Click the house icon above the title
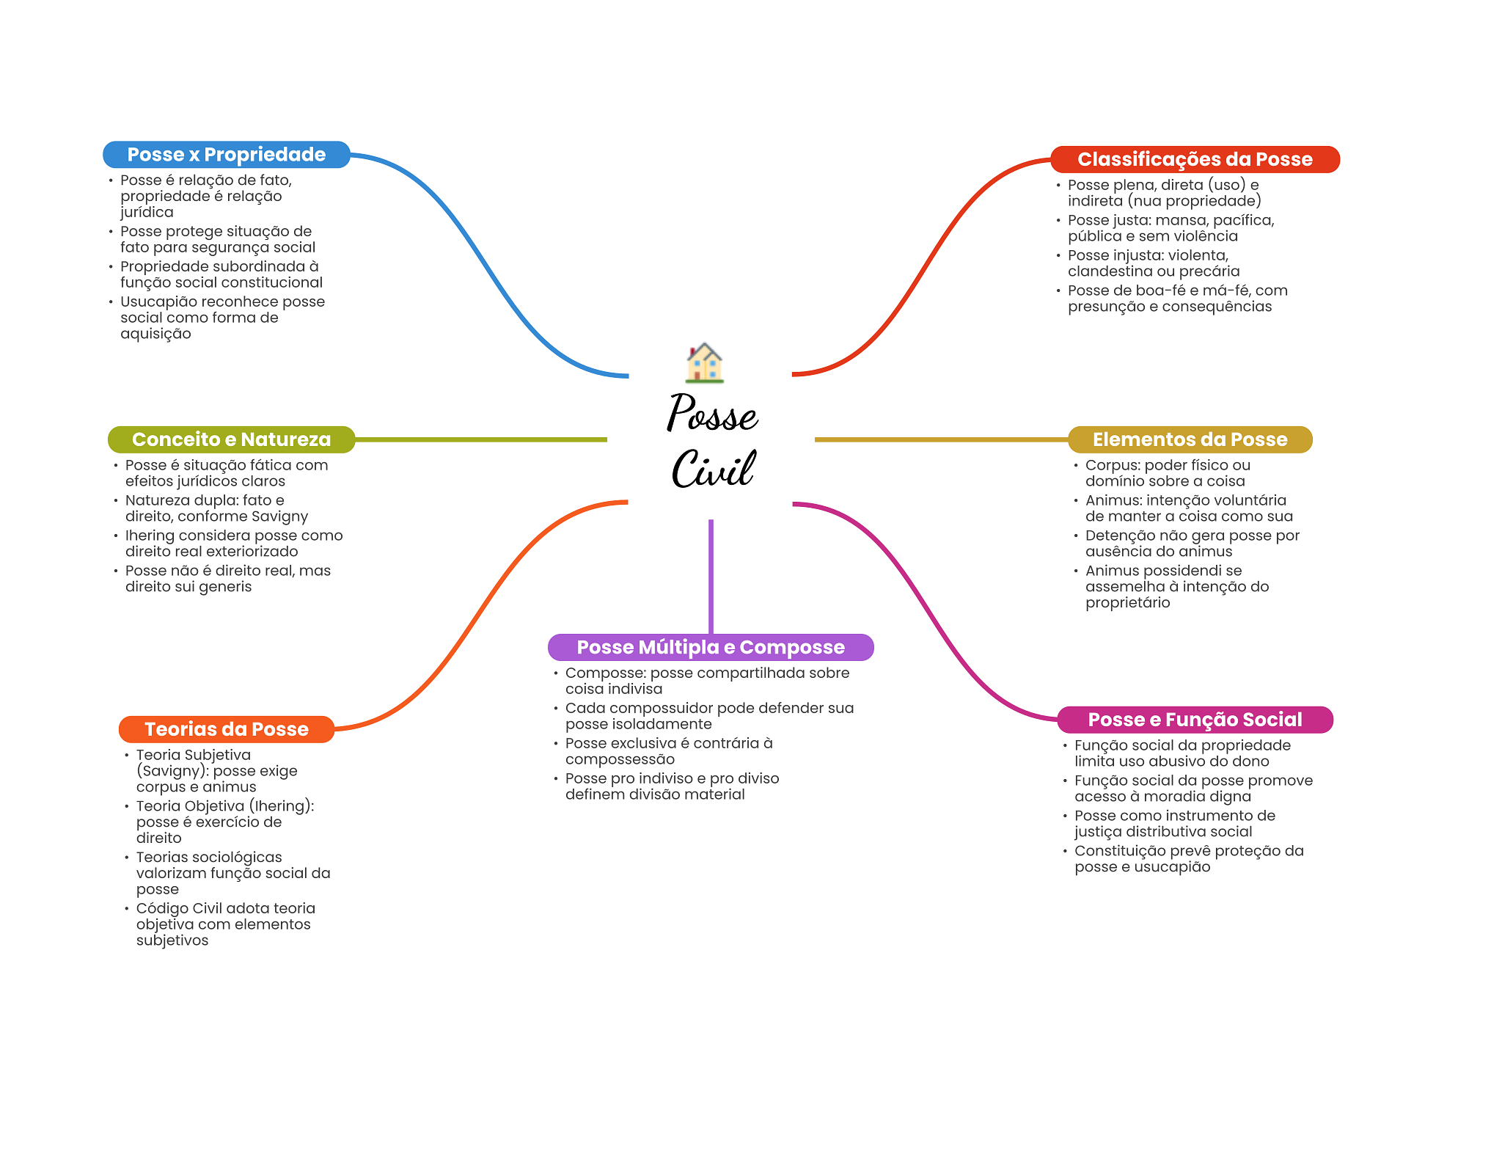(704, 363)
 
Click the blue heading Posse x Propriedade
(226, 155)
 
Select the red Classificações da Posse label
(1194, 159)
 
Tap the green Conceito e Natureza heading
(231, 439)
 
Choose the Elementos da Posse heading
(1190, 439)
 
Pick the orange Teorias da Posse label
(226, 729)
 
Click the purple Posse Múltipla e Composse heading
(710, 647)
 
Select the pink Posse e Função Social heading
(1194, 720)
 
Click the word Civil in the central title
(713, 469)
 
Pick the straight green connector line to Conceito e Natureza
(480, 439)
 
